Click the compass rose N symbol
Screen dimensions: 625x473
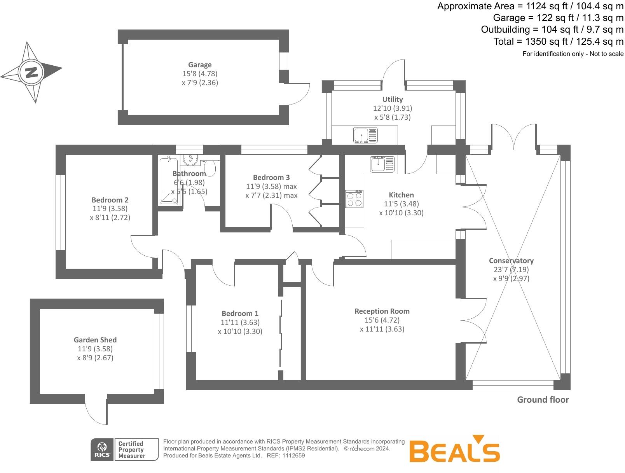click(x=31, y=72)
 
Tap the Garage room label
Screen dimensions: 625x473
click(x=200, y=65)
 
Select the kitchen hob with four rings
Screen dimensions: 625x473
click(x=354, y=199)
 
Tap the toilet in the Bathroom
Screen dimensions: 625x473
click(x=210, y=168)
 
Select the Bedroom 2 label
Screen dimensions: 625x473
click(x=110, y=200)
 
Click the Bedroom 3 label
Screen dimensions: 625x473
click(x=271, y=177)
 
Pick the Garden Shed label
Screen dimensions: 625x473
click(x=95, y=340)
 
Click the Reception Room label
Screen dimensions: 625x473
click(x=382, y=311)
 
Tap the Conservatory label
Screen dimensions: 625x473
click(x=511, y=260)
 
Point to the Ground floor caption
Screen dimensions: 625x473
click(x=543, y=400)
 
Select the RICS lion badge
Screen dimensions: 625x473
click(x=102, y=450)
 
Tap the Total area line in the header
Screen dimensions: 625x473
click(x=558, y=42)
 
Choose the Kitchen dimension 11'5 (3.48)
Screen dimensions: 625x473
click(x=401, y=204)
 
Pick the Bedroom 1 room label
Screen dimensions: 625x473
click(x=240, y=313)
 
